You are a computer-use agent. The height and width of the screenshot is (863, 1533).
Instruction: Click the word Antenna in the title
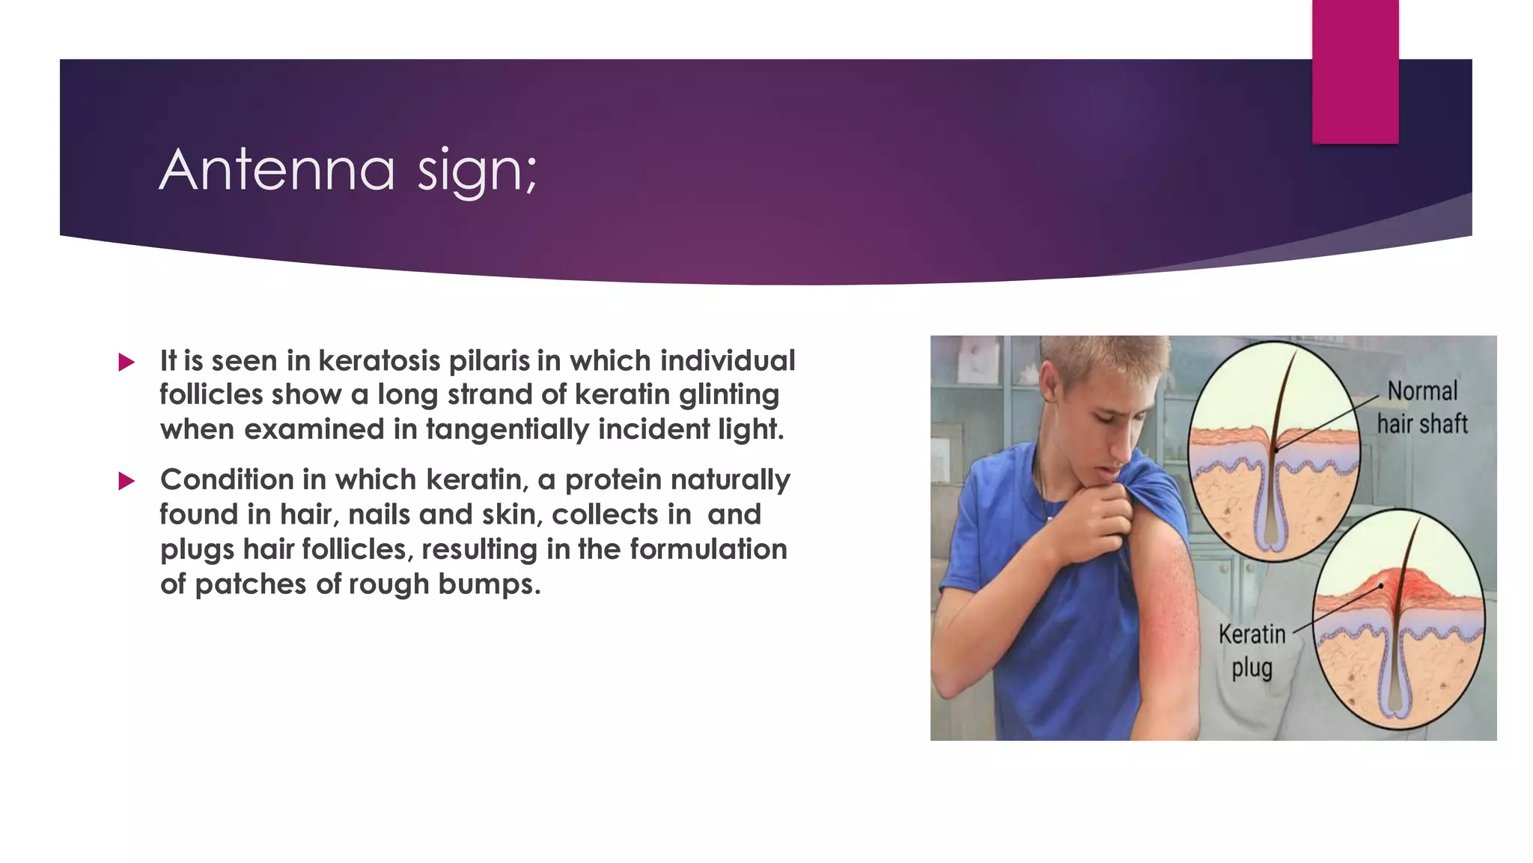277,170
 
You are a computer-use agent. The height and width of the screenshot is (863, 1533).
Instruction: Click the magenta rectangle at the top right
1355,71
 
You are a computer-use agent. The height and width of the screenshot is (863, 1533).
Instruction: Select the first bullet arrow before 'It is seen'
127,363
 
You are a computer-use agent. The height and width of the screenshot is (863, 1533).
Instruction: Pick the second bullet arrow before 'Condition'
127,481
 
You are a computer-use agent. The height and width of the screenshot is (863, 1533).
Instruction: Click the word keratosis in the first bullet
379,361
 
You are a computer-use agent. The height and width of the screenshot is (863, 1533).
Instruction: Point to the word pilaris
489,361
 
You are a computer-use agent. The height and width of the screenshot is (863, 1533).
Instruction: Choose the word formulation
708,549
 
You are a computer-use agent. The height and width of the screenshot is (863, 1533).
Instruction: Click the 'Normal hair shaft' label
1421,408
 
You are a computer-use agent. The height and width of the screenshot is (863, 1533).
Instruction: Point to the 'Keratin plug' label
1252,650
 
